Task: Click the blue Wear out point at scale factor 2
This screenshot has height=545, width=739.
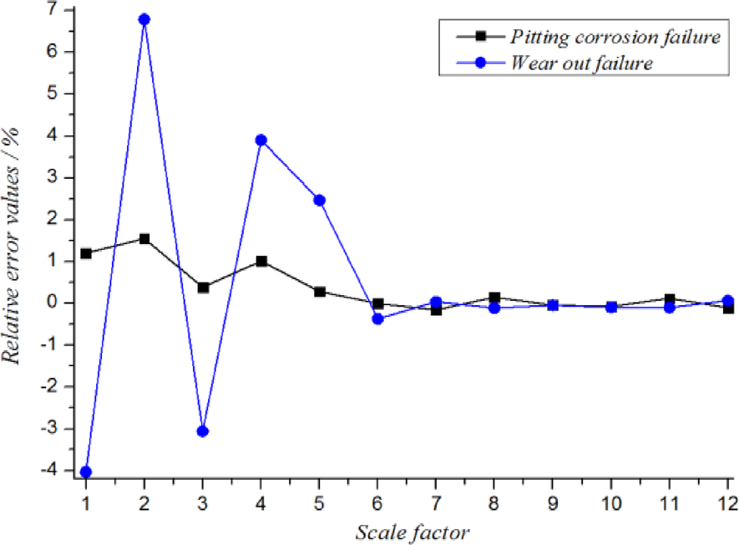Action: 144,19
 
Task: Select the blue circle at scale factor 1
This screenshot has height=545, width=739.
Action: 86,472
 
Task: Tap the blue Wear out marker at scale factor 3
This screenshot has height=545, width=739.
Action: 202,431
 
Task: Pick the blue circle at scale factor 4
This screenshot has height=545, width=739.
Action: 261,140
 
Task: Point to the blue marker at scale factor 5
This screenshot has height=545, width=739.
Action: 320,200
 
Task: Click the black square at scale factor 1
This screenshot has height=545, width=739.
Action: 86,253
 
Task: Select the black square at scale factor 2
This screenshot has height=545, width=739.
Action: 144,239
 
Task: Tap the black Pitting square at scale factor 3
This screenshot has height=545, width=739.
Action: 202,288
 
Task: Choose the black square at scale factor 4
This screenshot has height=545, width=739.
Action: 261,262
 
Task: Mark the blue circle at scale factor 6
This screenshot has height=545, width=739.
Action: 378,318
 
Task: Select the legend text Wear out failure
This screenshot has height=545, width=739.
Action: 581,63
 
